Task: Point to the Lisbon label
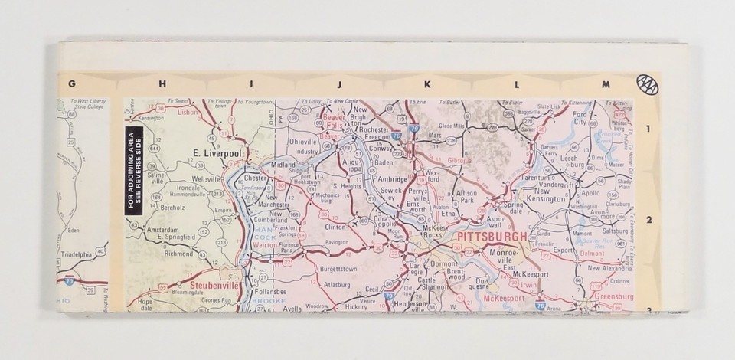click(187, 112)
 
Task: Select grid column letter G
click(71, 84)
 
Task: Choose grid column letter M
click(606, 84)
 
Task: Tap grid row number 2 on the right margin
click(647, 220)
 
